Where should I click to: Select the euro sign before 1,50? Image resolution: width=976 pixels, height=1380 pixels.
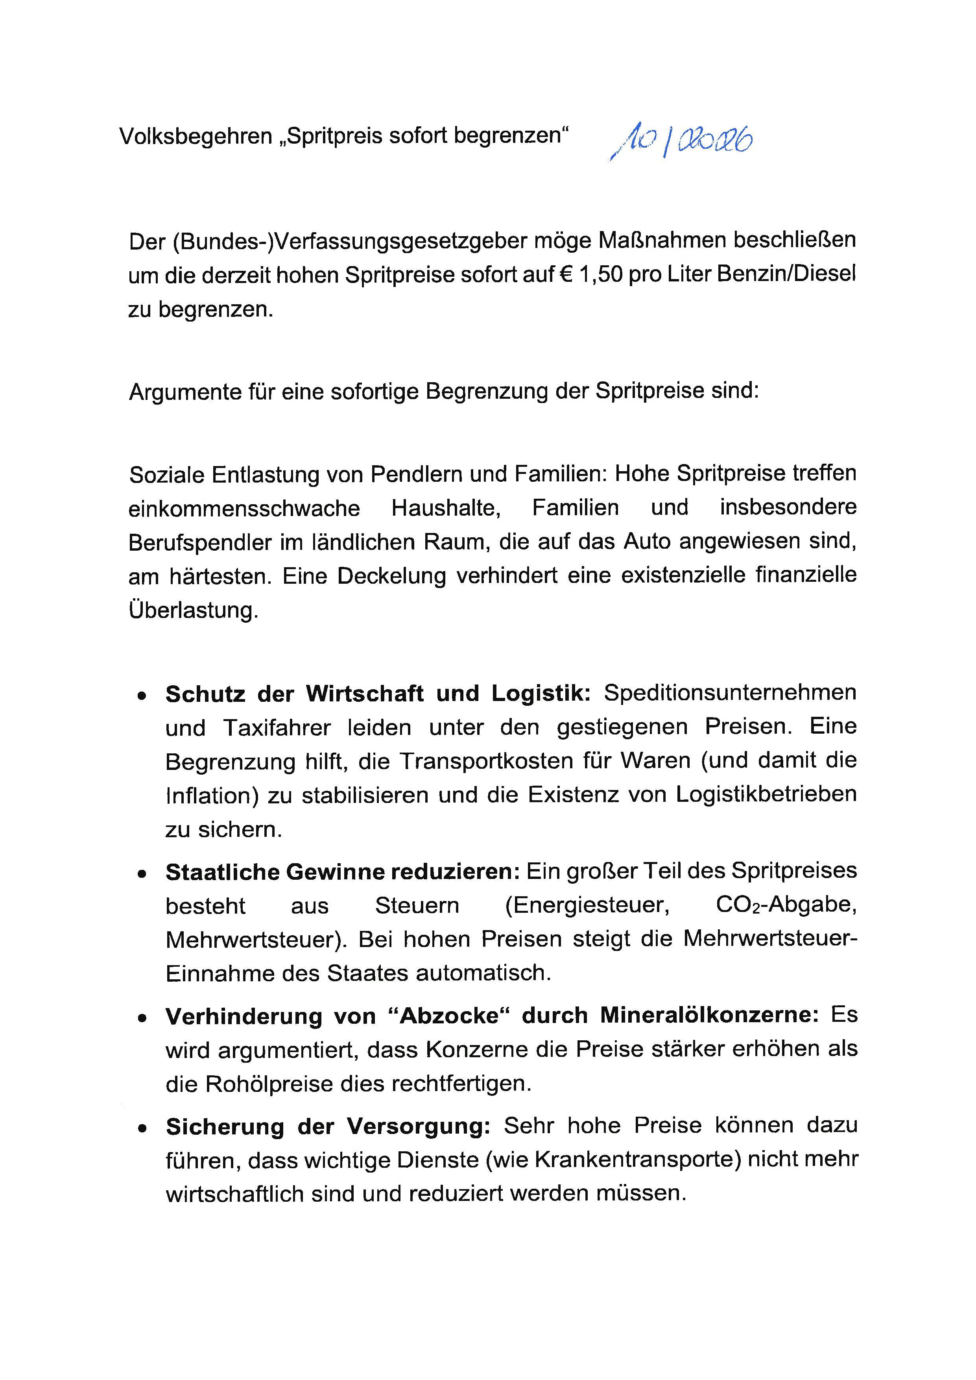[563, 275]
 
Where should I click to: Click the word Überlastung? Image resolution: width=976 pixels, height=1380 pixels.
[194, 610]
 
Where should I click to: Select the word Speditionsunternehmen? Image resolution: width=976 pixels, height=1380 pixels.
[730, 693]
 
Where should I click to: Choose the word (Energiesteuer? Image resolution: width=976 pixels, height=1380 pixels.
[587, 906]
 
